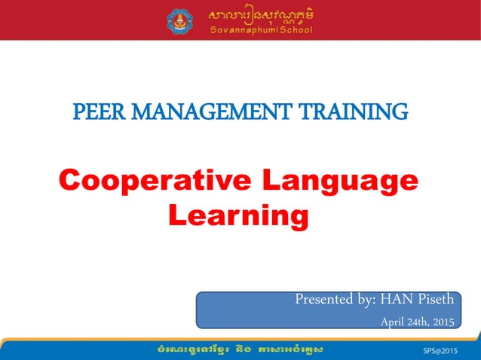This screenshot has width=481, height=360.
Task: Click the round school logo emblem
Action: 180,20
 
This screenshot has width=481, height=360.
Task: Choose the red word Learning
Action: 238,216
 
